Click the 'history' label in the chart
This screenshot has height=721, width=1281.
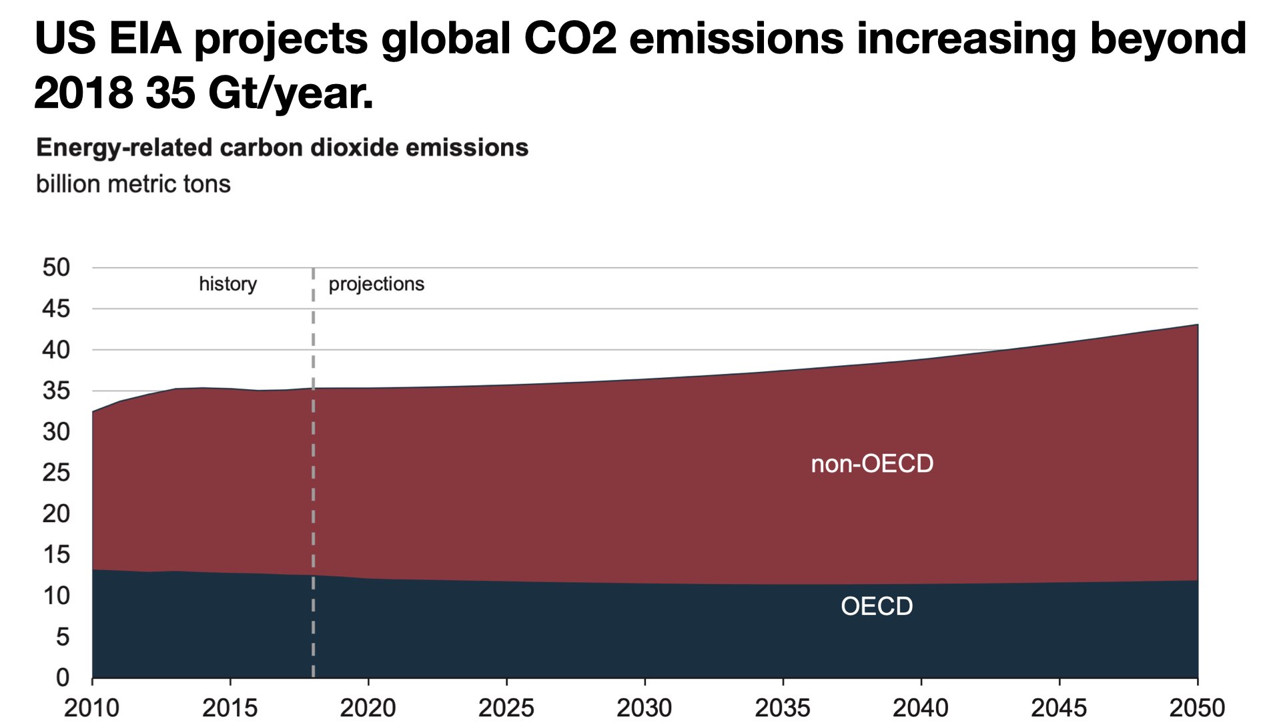pos(228,284)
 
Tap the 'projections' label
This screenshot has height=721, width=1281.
pos(376,284)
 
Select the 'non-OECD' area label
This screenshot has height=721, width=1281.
pos(872,463)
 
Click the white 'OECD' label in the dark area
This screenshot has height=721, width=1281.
pos(877,606)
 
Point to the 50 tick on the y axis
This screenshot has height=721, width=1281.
pos(56,268)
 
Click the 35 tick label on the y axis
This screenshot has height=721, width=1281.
pos(56,391)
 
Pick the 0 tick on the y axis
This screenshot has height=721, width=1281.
pos(63,678)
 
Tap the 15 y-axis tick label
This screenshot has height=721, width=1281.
pos(56,555)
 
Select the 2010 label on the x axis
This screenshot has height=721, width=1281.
pos(91,708)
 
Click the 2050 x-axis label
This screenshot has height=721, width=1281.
pos(1198,708)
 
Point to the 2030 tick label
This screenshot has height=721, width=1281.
pos(645,708)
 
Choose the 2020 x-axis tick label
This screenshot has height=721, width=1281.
pos(368,708)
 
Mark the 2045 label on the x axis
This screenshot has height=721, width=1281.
pos(1059,708)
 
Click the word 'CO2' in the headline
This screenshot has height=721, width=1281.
pos(570,38)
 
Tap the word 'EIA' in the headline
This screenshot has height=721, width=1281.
pos(145,38)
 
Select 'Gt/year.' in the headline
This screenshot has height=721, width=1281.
pos(290,93)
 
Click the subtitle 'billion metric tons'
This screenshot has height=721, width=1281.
pos(133,184)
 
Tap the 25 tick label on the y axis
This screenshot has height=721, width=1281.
pos(56,473)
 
